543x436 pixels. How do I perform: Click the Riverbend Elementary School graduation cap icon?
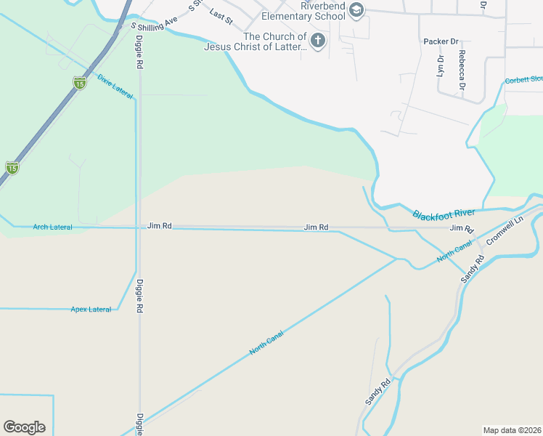pos(356,9)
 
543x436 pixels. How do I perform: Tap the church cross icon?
pos(317,41)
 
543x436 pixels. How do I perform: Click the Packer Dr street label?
pos(441,41)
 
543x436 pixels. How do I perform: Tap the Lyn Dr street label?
pos(440,65)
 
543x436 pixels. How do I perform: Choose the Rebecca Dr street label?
pos(462,69)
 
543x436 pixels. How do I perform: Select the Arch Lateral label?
pos(52,227)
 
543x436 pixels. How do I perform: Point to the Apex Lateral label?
pos(91,310)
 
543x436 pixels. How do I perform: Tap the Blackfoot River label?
pos(443,214)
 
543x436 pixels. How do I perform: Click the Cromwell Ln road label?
pos(505,231)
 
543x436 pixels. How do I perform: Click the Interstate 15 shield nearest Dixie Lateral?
pos(79,83)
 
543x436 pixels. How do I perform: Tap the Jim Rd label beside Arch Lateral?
pos(159,226)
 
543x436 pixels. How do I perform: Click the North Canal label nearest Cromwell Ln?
pos(454,251)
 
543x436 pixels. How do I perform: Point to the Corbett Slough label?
pos(524,80)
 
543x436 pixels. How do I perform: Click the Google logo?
pos(24,427)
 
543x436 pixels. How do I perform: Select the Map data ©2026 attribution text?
pos(512,430)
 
